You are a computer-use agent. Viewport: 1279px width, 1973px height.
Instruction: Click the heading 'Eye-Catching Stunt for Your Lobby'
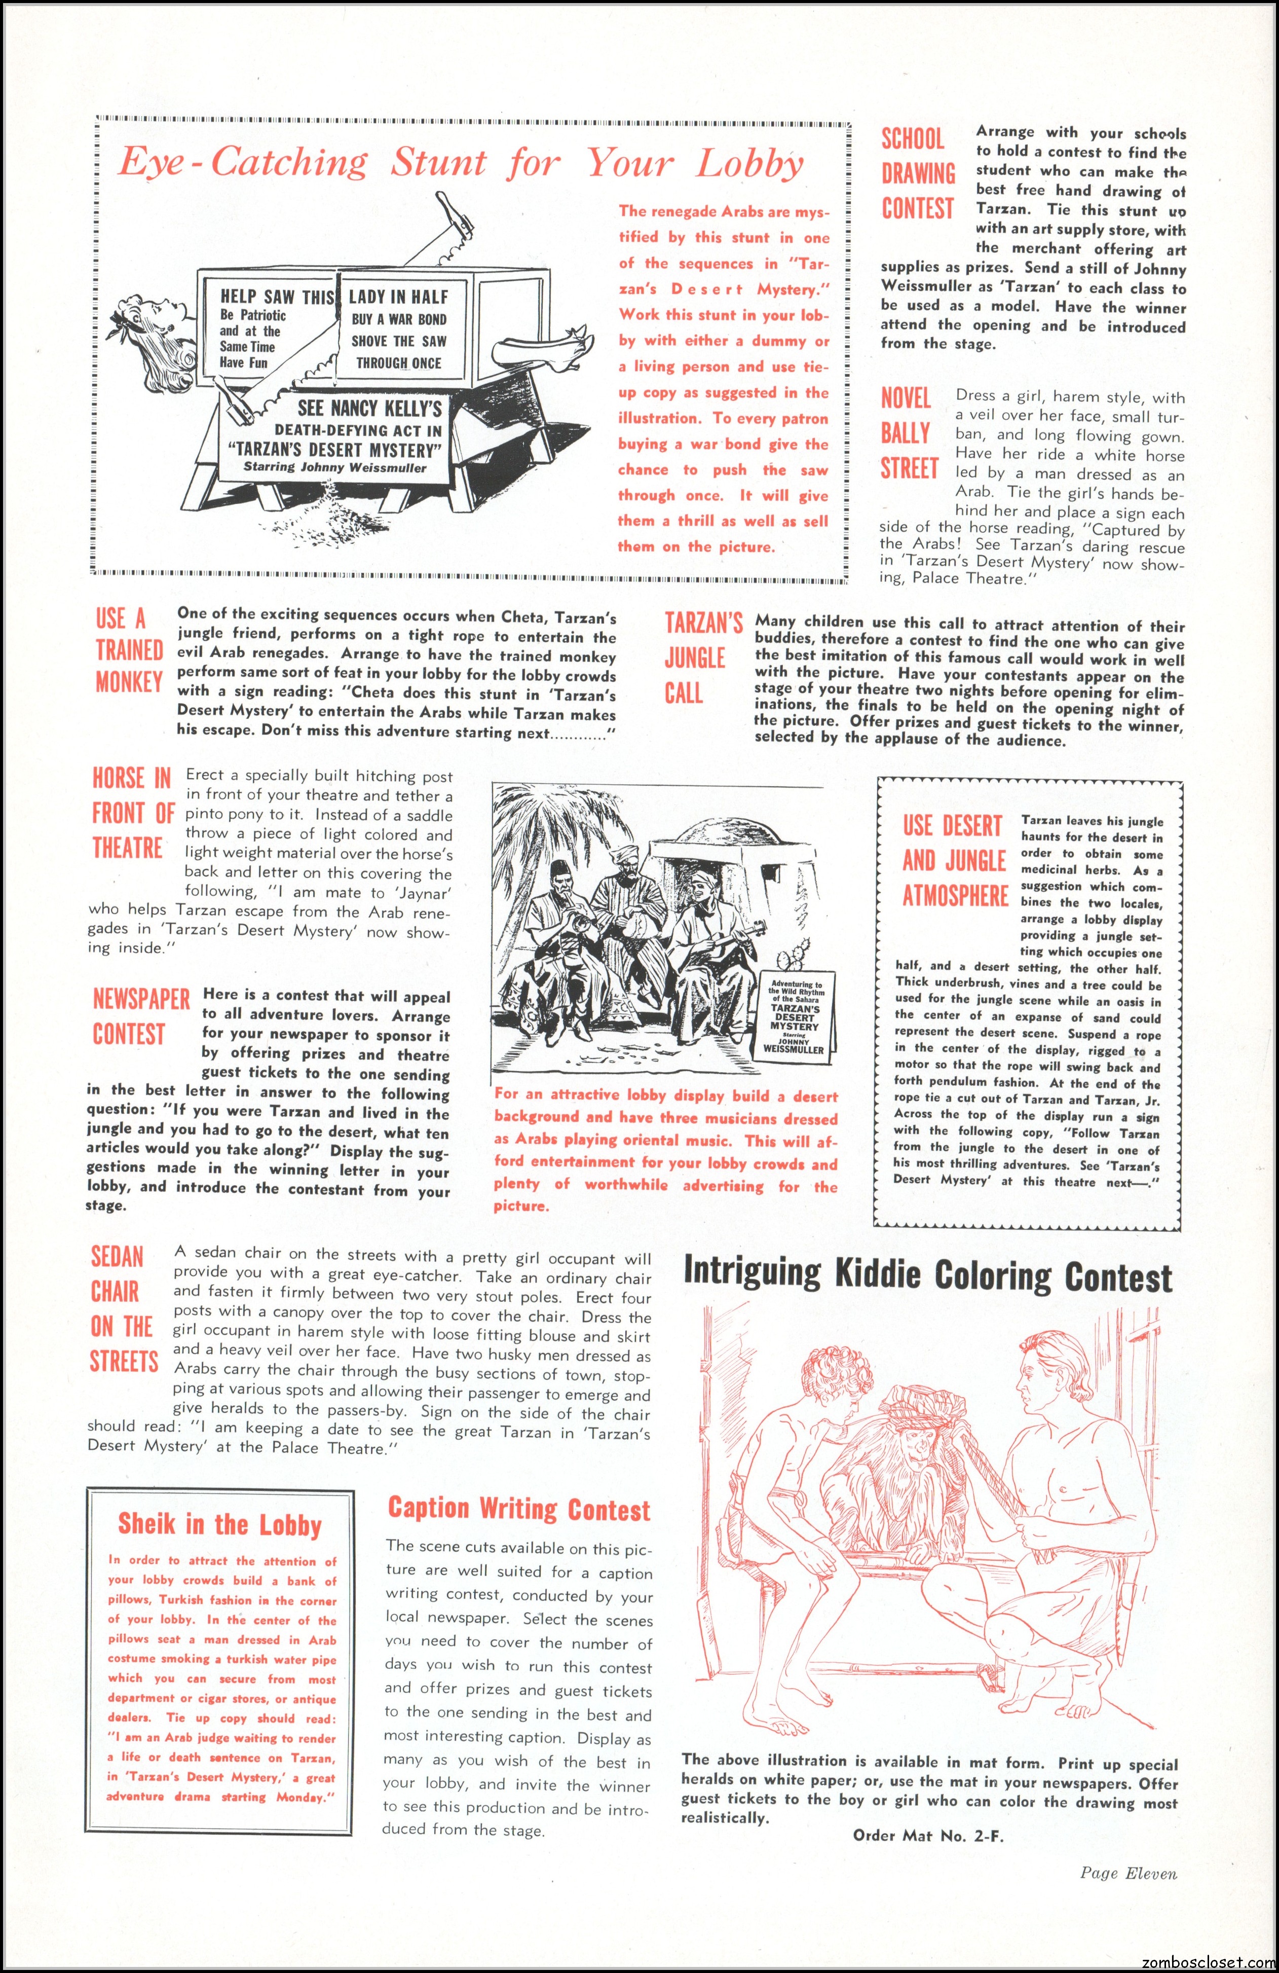tap(460, 163)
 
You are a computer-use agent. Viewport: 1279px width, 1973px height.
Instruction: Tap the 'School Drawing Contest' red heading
tap(918, 173)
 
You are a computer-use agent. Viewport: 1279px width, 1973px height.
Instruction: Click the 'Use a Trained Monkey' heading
tap(129, 650)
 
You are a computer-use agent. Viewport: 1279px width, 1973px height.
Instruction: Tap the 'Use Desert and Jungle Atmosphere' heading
tap(955, 860)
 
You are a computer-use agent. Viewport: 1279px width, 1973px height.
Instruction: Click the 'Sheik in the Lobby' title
tap(219, 1524)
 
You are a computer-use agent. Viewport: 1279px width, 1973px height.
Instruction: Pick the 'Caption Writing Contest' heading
tap(519, 1509)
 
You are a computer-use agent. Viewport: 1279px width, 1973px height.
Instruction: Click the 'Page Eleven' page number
tap(1127, 1873)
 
